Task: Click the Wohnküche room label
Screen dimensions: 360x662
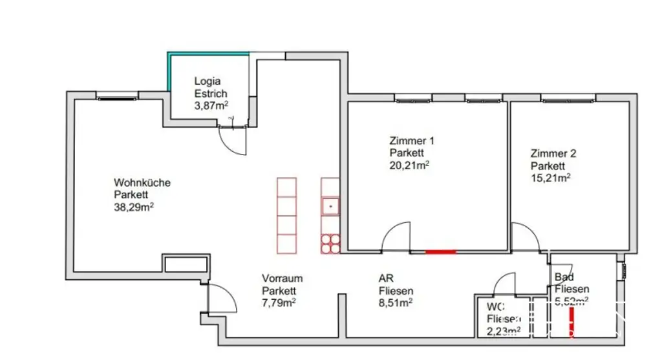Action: pos(142,183)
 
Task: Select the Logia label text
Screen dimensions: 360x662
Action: pos(208,81)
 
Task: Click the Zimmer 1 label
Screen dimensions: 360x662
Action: pos(412,141)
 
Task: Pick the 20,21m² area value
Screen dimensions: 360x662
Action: pos(409,165)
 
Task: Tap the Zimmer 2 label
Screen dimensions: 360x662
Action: pos(553,154)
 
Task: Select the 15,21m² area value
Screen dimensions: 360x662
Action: pos(550,178)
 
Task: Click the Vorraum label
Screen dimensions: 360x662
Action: pos(282,279)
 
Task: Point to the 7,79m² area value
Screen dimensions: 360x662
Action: pos(279,302)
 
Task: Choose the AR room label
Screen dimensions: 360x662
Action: pos(385,279)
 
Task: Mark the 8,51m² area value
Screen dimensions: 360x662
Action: pos(396,302)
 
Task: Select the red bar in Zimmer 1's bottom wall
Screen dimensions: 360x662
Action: pos(441,251)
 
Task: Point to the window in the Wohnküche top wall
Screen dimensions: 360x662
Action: pos(117,98)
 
